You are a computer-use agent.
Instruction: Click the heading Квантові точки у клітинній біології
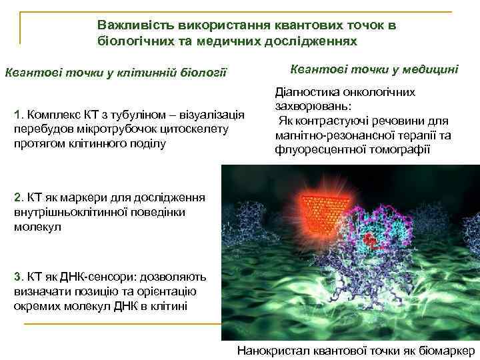(116, 71)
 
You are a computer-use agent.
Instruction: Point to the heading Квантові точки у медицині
(375, 69)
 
